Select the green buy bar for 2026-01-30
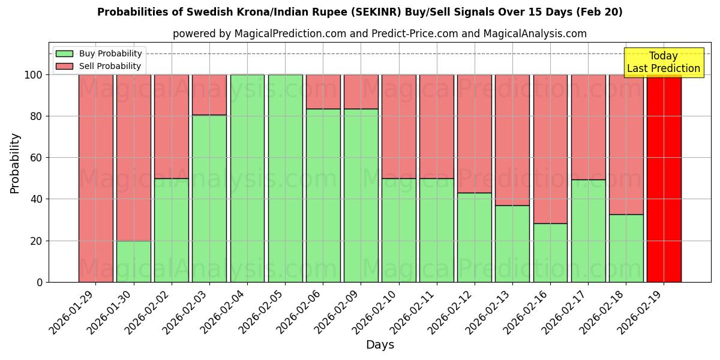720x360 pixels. pos(133,262)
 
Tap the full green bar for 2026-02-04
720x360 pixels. pos(247,178)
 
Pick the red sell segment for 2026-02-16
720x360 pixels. pos(550,149)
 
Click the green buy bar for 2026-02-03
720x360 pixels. pos(209,198)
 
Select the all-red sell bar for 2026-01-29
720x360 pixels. pos(95,178)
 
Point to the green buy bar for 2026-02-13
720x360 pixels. pos(512,244)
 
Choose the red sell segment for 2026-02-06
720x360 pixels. pos(323,92)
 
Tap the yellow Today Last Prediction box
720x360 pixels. pos(663,62)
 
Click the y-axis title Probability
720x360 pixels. pos(15,163)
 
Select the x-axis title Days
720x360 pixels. pos(380,345)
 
